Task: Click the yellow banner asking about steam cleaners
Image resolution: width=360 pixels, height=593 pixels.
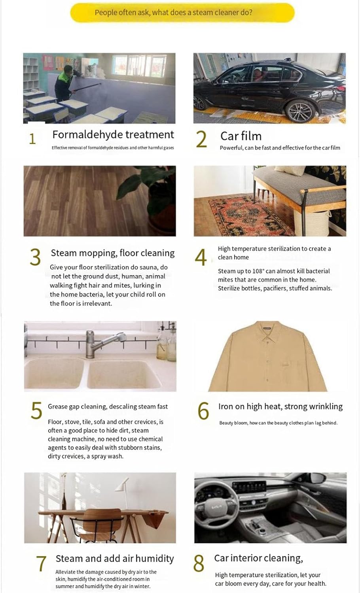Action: [x=182, y=12]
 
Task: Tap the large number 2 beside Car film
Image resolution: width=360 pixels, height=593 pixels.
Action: [x=201, y=139]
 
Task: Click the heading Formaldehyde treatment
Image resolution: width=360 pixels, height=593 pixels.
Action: [x=113, y=134]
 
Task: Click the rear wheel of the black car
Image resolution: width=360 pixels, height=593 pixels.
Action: [x=300, y=111]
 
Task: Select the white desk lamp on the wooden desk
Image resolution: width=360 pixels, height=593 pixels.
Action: [x=124, y=494]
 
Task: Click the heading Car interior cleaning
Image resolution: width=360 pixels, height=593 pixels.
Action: [x=258, y=558]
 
